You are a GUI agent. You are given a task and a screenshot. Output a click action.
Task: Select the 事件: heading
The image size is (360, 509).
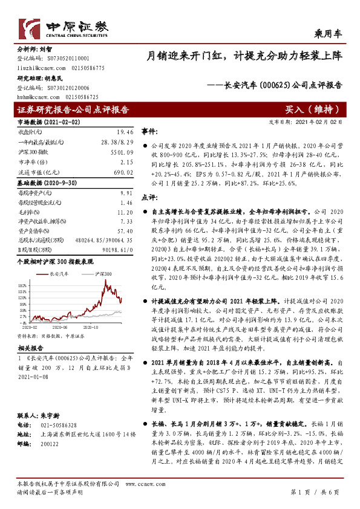[149, 131]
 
